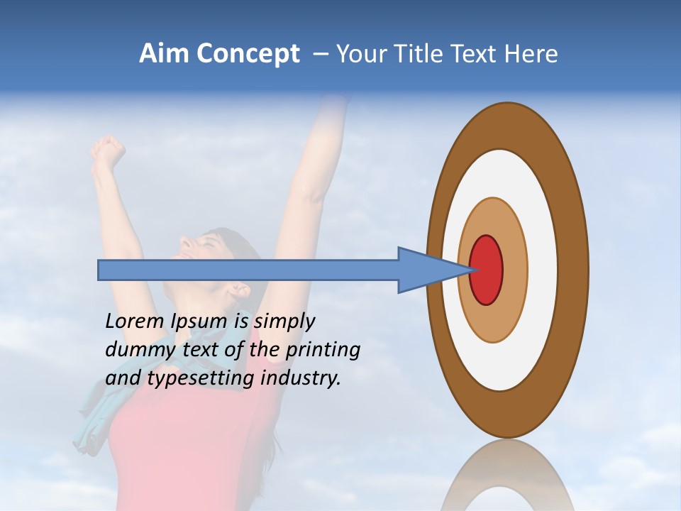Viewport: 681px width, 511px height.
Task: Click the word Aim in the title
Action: coord(164,54)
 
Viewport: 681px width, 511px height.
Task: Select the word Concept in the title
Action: coord(248,55)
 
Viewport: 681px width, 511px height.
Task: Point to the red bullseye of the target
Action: coord(487,270)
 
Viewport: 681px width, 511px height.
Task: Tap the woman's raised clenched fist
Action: coord(107,151)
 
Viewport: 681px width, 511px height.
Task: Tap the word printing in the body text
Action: coord(323,350)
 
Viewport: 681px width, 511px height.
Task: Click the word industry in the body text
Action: coord(301,378)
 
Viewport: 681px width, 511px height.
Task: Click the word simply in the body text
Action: coord(284,322)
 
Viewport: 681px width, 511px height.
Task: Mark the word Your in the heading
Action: coord(361,54)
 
